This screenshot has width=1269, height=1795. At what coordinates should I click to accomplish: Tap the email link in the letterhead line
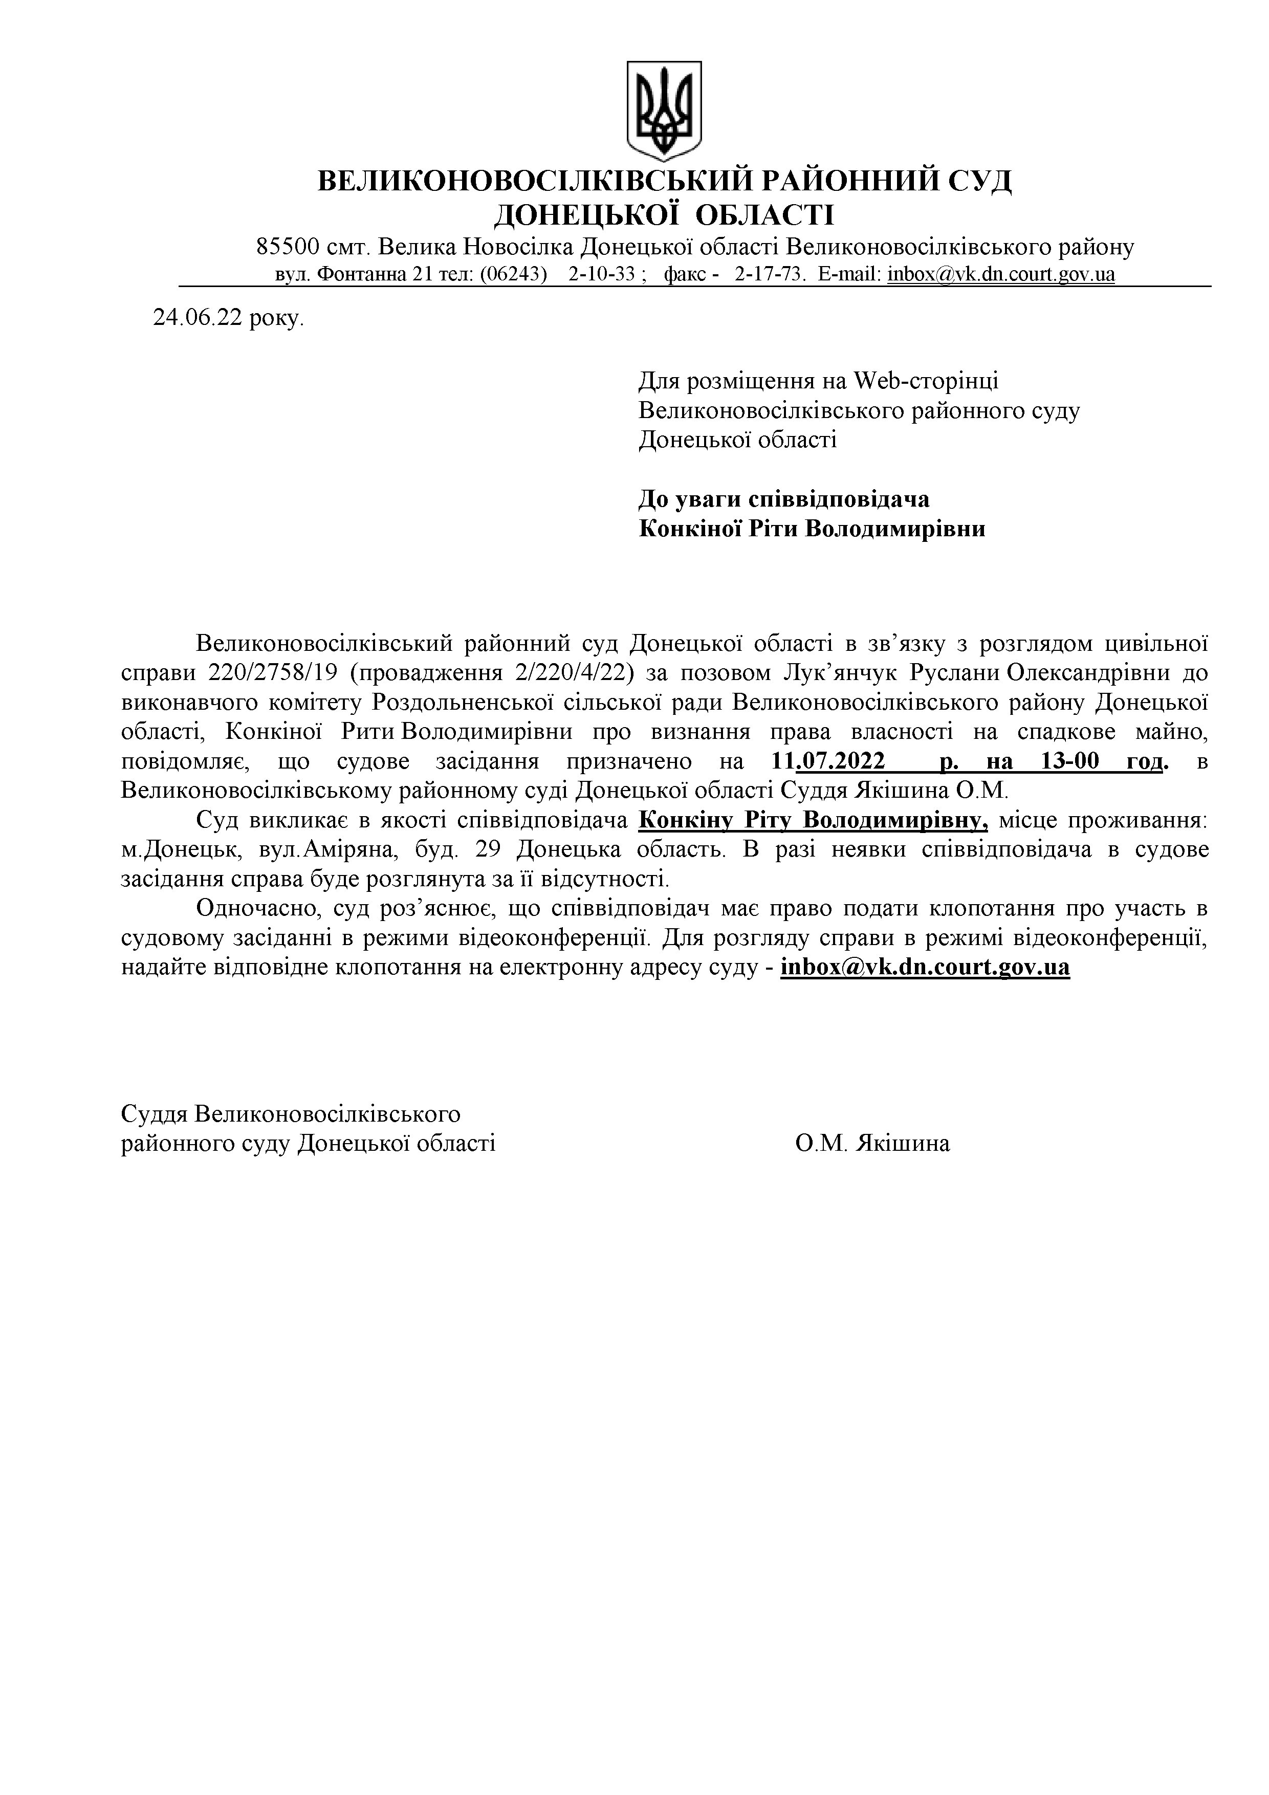1001,274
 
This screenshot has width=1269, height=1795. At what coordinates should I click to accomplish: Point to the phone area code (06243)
513,274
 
